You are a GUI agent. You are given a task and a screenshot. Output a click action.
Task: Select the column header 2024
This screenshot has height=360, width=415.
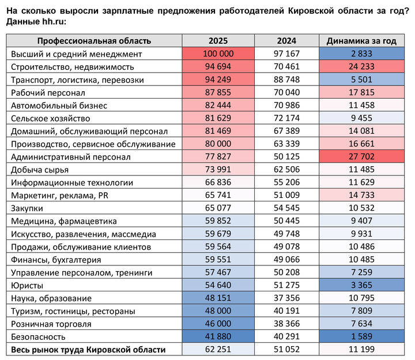pos(286,41)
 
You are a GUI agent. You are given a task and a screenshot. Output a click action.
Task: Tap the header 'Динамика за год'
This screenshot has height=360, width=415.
pos(361,41)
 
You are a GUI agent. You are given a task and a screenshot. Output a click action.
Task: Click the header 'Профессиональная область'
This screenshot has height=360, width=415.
pos(94,41)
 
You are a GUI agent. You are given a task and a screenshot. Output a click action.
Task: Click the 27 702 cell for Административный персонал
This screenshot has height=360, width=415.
pos(361,156)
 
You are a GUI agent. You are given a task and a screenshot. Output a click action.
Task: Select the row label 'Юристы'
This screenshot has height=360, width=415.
pos(25,285)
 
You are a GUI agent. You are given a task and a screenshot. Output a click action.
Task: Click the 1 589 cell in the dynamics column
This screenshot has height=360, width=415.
pos(361,336)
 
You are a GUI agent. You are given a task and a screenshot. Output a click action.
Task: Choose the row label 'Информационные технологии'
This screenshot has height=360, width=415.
pos(72,182)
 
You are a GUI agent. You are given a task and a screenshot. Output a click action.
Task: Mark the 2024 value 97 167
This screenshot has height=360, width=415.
pos(286,54)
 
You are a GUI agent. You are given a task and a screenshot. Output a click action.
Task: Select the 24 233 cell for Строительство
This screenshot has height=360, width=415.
pos(361,66)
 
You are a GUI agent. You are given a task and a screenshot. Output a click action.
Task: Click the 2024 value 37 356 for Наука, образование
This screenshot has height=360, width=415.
pos(286,298)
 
